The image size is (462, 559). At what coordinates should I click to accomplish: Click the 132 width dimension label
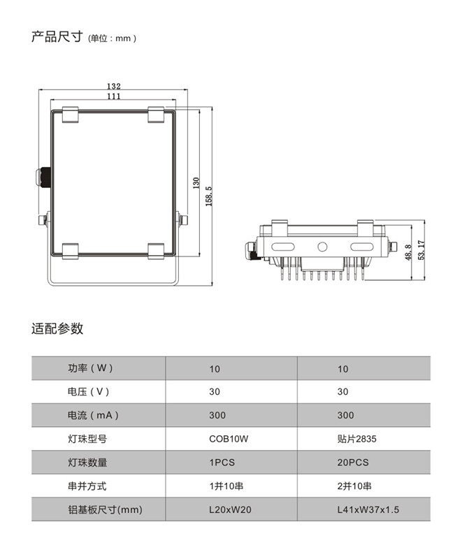114,86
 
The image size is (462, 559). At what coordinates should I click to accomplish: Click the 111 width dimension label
114,96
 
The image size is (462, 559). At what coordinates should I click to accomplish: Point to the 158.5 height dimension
209,196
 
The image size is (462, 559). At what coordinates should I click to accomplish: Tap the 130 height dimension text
196,183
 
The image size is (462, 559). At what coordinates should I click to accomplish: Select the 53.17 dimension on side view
421,250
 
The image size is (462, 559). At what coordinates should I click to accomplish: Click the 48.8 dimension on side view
408,252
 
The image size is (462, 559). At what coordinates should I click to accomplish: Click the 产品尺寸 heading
57,37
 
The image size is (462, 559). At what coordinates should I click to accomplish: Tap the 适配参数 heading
57,328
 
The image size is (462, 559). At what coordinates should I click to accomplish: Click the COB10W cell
229,439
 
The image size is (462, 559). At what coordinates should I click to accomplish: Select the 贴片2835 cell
357,439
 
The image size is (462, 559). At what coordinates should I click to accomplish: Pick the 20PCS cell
353,463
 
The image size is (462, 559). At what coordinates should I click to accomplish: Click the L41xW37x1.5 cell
368,509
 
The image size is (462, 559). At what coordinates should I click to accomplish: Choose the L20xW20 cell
230,509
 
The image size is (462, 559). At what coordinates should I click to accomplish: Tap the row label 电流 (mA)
93,415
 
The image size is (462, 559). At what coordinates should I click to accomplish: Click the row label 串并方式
87,486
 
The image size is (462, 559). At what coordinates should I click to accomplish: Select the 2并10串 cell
354,486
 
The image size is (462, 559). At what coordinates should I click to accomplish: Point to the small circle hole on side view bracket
322,247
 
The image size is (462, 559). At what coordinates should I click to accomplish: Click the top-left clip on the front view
70,115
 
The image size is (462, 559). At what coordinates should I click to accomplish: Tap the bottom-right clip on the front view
156,252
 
